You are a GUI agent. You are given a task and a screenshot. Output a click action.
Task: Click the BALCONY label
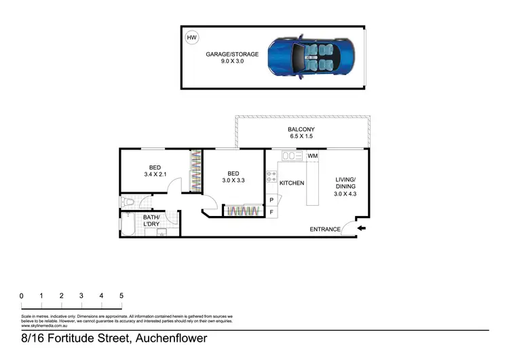click(x=301, y=129)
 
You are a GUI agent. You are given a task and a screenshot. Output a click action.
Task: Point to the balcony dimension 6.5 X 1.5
click(x=301, y=137)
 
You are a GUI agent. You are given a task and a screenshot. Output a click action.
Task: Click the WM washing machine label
click(x=312, y=156)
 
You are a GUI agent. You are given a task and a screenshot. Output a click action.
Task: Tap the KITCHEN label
click(x=292, y=183)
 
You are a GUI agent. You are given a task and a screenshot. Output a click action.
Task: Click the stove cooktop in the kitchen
click(x=271, y=178)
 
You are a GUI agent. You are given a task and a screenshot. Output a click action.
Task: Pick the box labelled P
click(x=271, y=200)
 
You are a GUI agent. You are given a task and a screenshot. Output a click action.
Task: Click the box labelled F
click(x=271, y=213)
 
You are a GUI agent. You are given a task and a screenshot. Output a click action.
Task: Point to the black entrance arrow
click(x=362, y=228)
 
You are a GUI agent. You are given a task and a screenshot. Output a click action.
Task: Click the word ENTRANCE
click(x=325, y=230)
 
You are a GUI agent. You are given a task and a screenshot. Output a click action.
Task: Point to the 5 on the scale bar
click(x=121, y=295)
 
